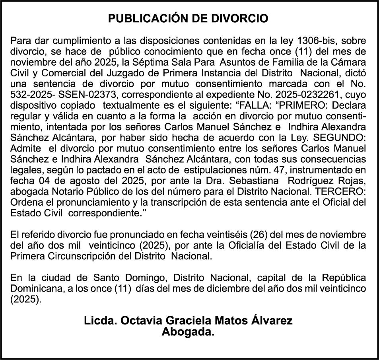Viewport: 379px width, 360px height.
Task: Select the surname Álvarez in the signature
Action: coord(270,321)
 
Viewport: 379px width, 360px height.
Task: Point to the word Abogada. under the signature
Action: coord(188,332)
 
